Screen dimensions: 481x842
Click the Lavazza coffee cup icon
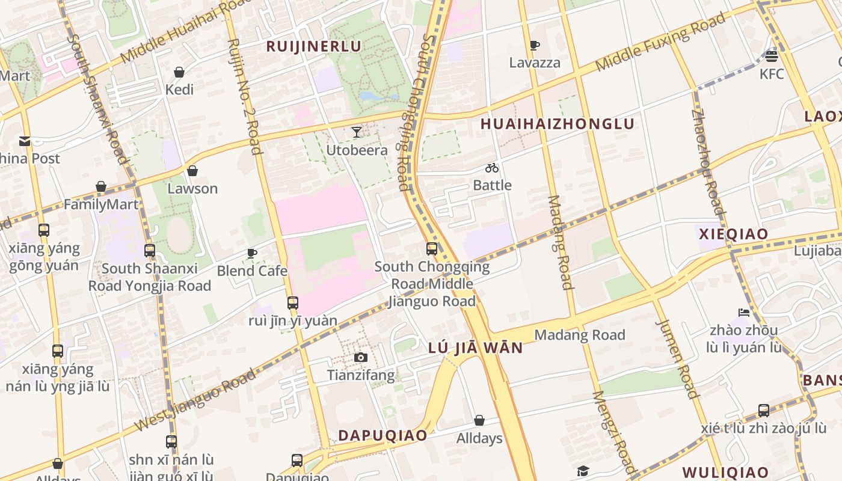click(x=534, y=45)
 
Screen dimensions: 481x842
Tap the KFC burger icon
click(x=772, y=57)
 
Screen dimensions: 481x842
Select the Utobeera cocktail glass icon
click(x=357, y=132)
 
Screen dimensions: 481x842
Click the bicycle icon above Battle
click(x=492, y=168)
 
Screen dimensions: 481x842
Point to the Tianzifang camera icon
click(x=360, y=358)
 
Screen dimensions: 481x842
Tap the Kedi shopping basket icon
click(x=179, y=72)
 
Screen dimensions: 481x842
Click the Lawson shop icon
click(x=192, y=171)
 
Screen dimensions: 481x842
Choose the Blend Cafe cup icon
click(x=252, y=253)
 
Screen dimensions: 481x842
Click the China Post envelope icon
click(x=25, y=141)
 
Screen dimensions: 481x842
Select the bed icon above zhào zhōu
click(x=744, y=313)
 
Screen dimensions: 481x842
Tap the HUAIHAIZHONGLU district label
click(x=558, y=124)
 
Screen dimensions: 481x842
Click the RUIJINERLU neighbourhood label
click(x=313, y=46)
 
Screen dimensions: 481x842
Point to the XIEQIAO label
click(x=733, y=234)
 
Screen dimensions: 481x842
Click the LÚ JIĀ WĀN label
click(x=475, y=348)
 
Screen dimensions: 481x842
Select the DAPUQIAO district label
click(x=383, y=435)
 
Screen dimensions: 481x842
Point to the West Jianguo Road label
click(x=196, y=400)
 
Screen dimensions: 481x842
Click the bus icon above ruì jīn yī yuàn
click(x=293, y=303)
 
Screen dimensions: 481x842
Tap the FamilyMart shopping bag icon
click(x=101, y=187)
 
